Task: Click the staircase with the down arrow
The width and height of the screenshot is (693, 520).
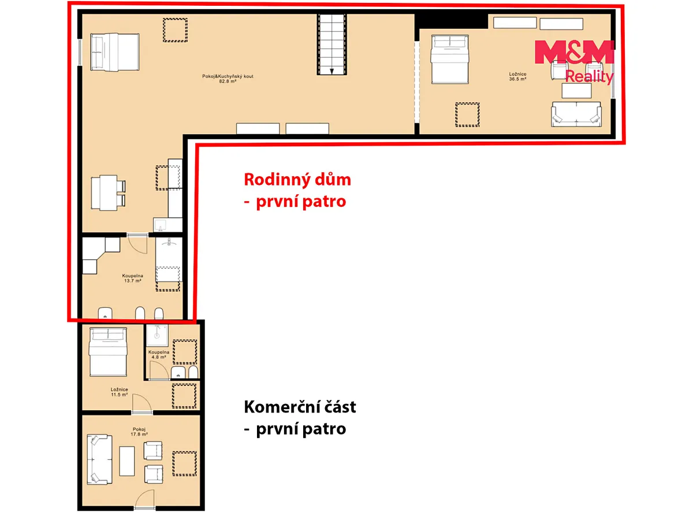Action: pos(331,44)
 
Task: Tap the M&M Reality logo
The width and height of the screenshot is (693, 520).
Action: pos(574,62)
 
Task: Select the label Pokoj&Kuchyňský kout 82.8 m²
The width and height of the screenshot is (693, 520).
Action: pos(228,79)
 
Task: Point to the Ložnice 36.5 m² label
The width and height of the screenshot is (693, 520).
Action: pos(517,76)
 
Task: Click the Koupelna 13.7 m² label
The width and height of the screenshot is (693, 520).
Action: pos(133,278)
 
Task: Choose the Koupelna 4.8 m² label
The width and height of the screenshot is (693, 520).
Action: pos(159,355)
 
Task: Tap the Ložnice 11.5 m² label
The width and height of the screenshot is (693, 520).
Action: pos(120,392)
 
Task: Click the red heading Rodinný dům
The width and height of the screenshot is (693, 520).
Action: pos(297,180)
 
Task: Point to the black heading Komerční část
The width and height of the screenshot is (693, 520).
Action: pos(300,407)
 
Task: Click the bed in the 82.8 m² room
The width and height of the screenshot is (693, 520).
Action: pos(115,52)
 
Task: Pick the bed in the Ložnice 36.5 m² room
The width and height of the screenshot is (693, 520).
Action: pos(450,60)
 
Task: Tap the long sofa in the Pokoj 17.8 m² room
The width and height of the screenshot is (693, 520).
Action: pos(99,460)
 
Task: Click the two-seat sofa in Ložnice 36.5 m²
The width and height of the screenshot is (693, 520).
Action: pos(576,114)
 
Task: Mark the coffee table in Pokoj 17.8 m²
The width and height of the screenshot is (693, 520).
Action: pos(127,461)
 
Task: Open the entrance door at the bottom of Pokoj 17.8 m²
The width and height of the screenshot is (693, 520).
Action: pos(144,500)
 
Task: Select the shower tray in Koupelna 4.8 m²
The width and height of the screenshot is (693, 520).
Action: pos(157,336)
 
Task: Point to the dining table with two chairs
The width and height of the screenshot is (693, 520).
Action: pos(109,192)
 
